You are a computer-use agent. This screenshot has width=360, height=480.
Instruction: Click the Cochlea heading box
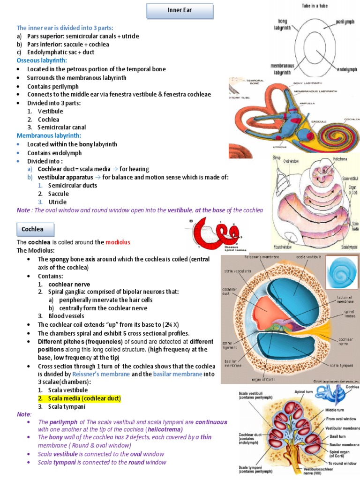[32, 229]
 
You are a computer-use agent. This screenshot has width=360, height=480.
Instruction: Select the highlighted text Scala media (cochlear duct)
[80, 398]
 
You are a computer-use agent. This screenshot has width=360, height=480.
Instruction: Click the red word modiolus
[118, 242]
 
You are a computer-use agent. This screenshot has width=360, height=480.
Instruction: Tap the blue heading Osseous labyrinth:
[42, 60]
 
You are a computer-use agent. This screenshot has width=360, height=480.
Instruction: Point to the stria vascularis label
[239, 271]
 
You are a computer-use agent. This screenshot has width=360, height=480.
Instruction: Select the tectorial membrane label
[345, 300]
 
